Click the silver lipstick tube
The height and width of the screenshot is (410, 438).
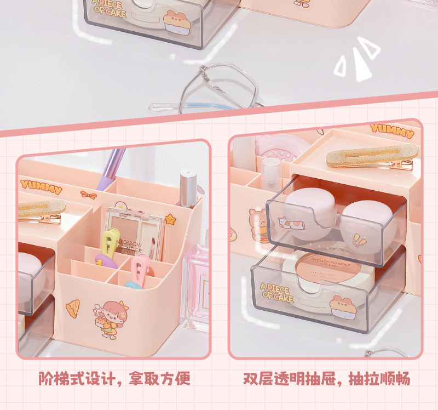[x=188, y=189]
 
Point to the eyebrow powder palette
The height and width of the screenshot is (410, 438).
[x=134, y=230]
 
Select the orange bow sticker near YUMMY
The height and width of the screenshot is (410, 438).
[x=89, y=195]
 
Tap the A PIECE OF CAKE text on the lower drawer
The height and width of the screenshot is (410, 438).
[x=277, y=293]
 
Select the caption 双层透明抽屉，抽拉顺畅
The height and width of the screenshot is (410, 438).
[x=326, y=378]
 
